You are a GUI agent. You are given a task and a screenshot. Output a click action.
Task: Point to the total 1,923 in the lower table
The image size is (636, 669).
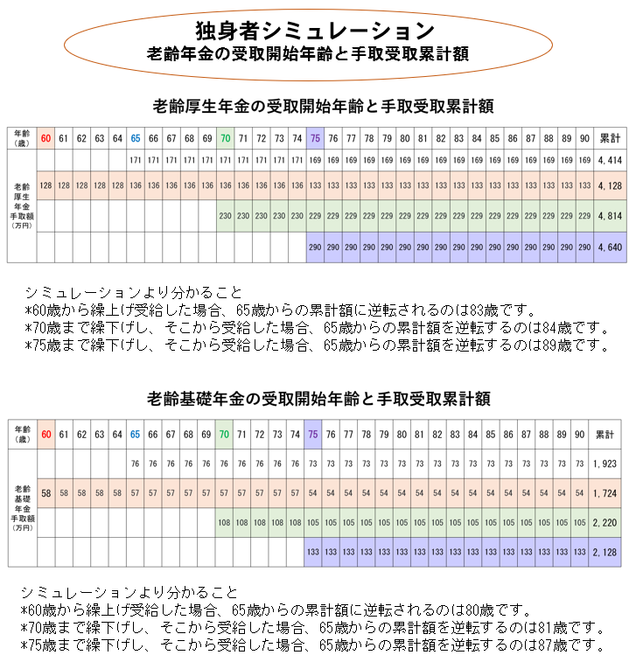coord(605,463)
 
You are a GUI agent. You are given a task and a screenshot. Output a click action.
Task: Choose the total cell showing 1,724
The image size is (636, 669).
coord(605,493)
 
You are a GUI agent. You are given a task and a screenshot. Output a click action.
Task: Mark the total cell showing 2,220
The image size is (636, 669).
coord(605,523)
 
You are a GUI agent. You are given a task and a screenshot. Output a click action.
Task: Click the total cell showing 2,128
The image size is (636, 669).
coord(605,552)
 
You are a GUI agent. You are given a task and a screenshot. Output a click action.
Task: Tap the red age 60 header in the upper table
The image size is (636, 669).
coord(45,138)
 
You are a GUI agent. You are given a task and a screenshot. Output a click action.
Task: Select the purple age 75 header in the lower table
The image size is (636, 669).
coord(312,435)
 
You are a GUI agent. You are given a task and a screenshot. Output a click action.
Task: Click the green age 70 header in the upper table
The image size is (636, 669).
coord(225,138)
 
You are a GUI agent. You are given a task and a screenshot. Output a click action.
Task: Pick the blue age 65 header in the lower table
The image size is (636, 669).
coord(135,435)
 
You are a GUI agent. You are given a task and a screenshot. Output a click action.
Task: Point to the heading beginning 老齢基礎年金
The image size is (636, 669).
coord(319,399)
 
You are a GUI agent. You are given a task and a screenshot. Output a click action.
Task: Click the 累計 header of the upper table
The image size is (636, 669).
coord(609,138)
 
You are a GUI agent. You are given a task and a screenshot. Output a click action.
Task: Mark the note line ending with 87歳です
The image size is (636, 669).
coord(312,645)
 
